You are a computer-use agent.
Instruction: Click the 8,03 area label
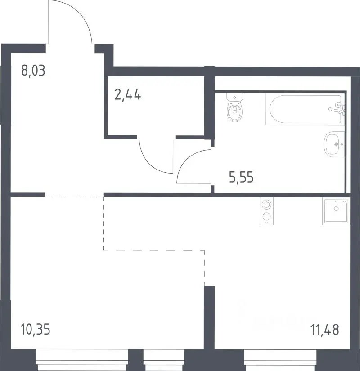pyautogui.click(x=33, y=71)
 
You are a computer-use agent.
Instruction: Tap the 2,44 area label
pyautogui.click(x=128, y=94)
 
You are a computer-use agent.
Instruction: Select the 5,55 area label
pyautogui.click(x=241, y=177)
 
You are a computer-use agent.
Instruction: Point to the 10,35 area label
pyautogui.click(x=36, y=329)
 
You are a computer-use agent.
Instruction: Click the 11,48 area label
pyautogui.click(x=325, y=330)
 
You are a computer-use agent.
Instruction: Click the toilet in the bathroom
pyautogui.click(x=235, y=107)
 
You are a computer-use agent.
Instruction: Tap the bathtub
pyautogui.click(x=305, y=109)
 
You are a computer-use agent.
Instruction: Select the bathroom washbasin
pyautogui.click(x=334, y=144)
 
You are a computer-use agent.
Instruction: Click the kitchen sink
pyautogui.click(x=336, y=211)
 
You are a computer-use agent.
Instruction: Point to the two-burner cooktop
pyautogui.click(x=267, y=211)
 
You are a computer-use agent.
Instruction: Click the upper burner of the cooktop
pyautogui.click(x=267, y=205)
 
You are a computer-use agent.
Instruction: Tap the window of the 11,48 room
pyautogui.click(x=280, y=360)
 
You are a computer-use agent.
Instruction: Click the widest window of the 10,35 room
pyautogui.click(x=82, y=360)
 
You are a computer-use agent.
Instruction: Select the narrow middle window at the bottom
pyautogui.click(x=164, y=360)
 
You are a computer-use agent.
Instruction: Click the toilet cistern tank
pyautogui.click(x=235, y=97)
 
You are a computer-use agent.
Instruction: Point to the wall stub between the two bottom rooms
pyautogui.click(x=209, y=317)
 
